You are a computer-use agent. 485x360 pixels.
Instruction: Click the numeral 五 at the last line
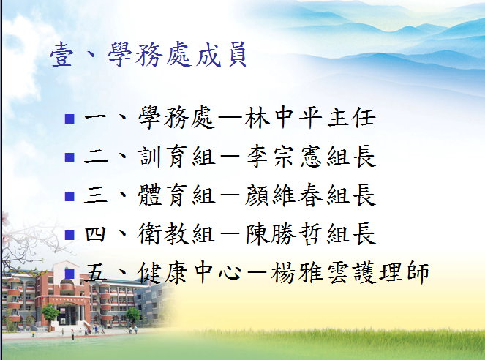pyautogui.click(x=96, y=274)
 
